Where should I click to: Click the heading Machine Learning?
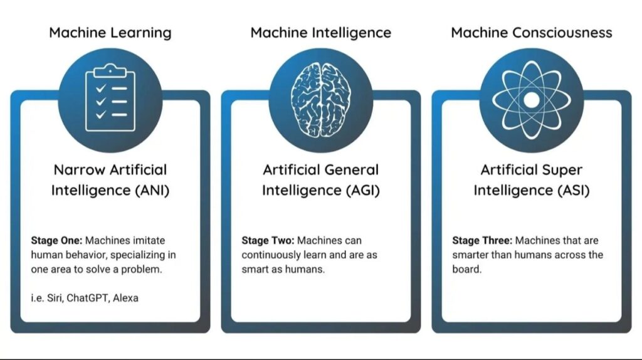click(x=110, y=32)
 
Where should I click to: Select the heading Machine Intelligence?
click(x=320, y=32)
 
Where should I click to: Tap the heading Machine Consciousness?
click(x=531, y=32)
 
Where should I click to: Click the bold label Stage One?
click(x=56, y=241)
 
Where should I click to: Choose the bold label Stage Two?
click(x=268, y=241)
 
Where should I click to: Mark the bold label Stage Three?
click(x=481, y=241)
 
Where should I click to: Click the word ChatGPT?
click(x=87, y=298)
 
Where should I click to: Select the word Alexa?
click(x=125, y=298)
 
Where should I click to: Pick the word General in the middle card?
click(x=350, y=170)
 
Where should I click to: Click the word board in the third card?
click(x=465, y=270)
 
